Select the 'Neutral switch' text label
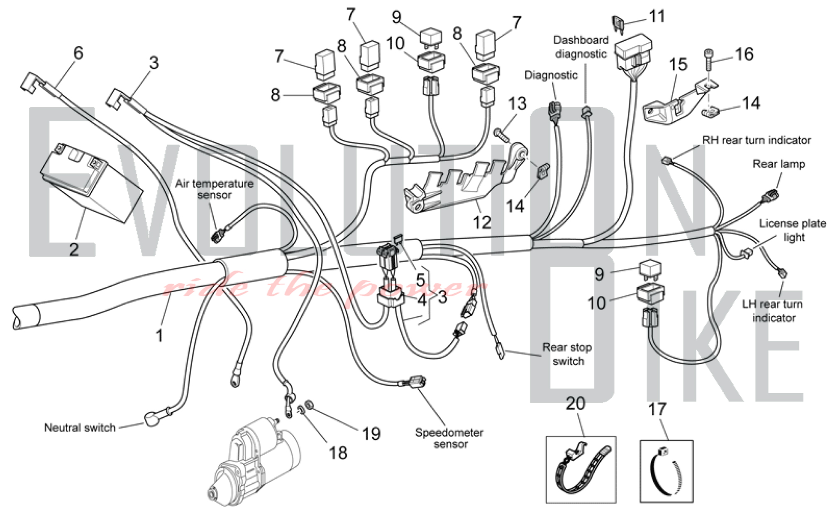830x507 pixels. [80, 428]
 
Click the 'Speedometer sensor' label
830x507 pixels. [449, 438]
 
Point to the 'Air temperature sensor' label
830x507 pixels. [214, 189]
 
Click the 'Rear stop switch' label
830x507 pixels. [567, 354]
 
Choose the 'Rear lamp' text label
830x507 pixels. [779, 164]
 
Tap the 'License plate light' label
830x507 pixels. [793, 230]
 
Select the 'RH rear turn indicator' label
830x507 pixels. [756, 140]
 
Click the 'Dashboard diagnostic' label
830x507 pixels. [581, 47]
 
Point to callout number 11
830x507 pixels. [657, 17]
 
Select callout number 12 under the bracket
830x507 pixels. [482, 222]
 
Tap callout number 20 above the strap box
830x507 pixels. [576, 404]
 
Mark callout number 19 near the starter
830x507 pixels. [371, 434]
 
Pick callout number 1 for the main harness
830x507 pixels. [159, 335]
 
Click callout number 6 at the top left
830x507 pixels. [78, 53]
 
